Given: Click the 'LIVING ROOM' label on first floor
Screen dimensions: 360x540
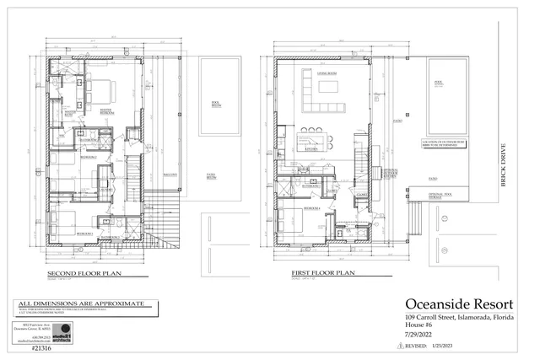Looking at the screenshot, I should [x=327, y=74].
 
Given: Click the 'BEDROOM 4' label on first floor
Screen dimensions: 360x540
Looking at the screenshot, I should [x=310, y=207].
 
